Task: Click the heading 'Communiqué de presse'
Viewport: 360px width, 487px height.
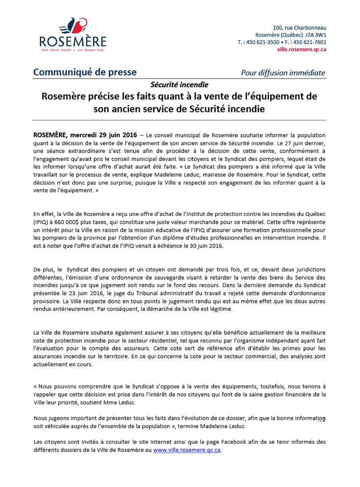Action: pyautogui.click(x=85, y=72)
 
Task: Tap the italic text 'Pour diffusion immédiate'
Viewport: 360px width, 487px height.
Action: pyautogui.click(x=283, y=73)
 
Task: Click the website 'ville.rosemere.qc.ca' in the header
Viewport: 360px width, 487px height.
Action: pyautogui.click(x=302, y=49)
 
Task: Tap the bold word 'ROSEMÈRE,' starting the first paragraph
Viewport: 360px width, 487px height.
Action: pyautogui.click(x=51, y=135)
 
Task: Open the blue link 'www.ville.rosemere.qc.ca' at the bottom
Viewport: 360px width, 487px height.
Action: pyautogui.click(x=187, y=450)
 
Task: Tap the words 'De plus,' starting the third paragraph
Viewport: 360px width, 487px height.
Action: pyautogui.click(x=44, y=270)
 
